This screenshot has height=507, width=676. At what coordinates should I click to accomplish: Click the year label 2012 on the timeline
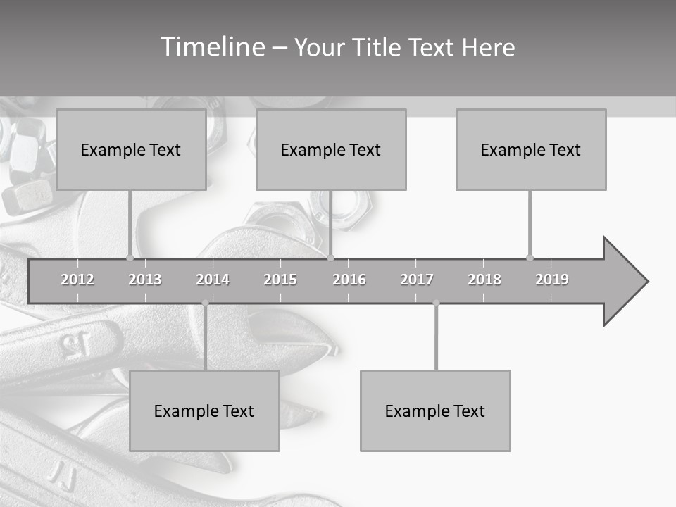(x=77, y=280)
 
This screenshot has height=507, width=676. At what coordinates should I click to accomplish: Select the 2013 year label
(x=145, y=280)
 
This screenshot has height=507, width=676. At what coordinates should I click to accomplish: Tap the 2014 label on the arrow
(x=213, y=280)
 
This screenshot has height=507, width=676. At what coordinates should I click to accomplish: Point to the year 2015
(x=280, y=280)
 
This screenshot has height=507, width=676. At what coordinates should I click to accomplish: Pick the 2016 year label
(x=349, y=280)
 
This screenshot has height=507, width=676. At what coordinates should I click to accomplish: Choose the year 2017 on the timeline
(x=417, y=280)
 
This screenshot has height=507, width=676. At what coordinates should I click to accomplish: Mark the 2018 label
(x=484, y=280)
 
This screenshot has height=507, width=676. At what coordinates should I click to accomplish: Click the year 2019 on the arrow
(x=552, y=280)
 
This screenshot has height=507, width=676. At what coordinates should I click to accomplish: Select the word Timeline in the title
(x=211, y=47)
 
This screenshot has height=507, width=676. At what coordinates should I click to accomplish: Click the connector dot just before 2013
(x=130, y=258)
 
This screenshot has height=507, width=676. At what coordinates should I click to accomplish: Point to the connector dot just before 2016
(x=331, y=258)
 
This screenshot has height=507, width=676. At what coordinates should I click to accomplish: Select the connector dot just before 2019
(x=530, y=258)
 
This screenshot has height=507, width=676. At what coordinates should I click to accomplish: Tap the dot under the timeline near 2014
(x=205, y=303)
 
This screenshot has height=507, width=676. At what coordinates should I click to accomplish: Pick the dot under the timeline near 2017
(x=436, y=303)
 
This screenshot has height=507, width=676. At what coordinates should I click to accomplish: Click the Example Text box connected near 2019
(x=531, y=149)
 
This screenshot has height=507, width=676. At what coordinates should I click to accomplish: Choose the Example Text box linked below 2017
(x=435, y=411)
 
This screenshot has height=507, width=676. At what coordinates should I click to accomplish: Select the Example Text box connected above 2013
(x=131, y=149)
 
